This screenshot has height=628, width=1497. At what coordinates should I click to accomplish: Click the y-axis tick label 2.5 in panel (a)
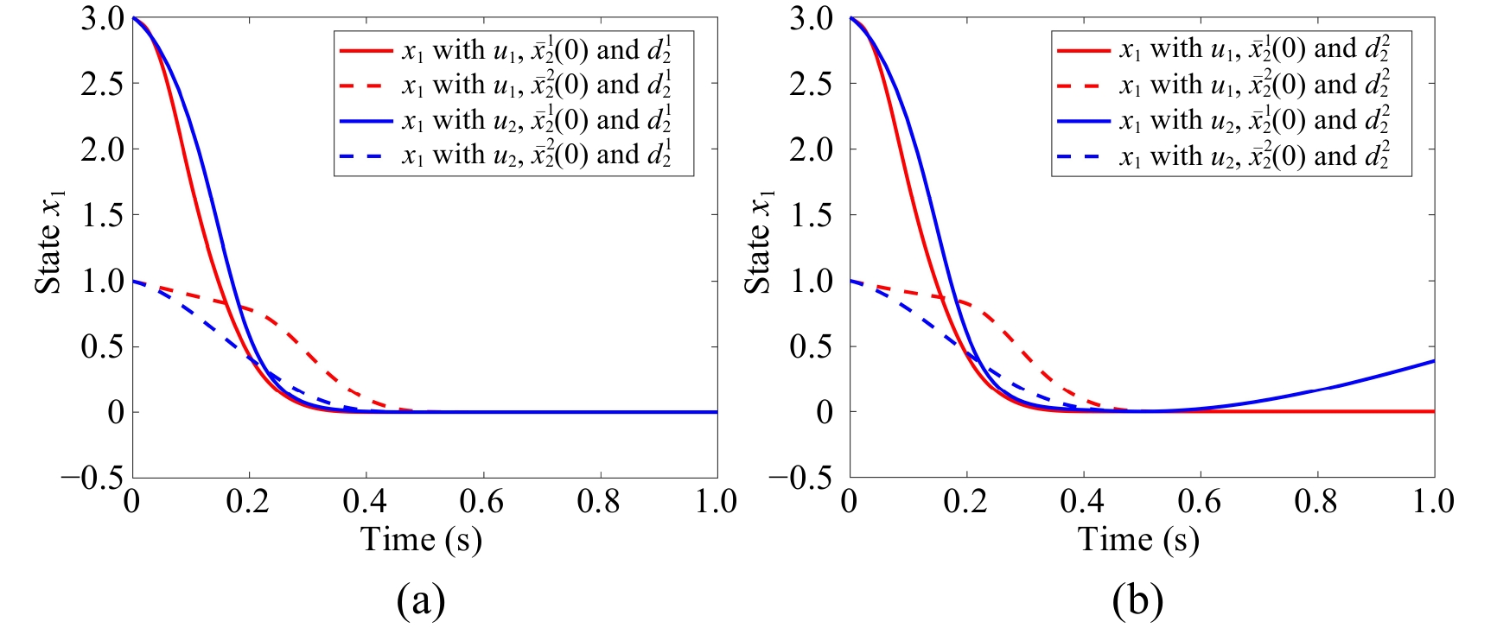pos(103,84)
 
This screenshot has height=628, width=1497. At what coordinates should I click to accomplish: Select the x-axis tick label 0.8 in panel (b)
pos(1316,501)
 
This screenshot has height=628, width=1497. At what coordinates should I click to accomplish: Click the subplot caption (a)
pos(421,599)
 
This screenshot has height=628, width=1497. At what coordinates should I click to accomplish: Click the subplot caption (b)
pos(1138,599)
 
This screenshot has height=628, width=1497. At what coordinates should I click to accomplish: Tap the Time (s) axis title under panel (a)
pos(421,540)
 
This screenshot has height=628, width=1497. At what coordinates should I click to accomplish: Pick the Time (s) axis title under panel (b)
pos(1138,540)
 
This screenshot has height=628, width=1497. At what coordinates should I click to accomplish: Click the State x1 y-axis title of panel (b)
pos(758,243)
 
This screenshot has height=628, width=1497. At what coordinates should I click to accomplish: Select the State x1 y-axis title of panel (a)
pos(49,243)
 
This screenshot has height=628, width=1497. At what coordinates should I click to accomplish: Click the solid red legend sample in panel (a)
pos(366,51)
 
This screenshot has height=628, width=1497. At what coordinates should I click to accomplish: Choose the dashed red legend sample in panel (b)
pos(1083,86)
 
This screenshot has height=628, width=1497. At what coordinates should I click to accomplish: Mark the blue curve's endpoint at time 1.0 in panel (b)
pos(1434,361)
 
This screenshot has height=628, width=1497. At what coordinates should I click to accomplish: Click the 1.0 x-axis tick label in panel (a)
pos(716,501)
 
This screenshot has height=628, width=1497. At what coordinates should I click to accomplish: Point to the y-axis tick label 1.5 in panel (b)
pos(812,215)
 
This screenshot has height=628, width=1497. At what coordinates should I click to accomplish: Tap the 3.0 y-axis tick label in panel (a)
pos(103,18)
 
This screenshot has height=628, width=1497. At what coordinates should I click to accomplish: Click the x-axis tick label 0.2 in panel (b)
pos(965,501)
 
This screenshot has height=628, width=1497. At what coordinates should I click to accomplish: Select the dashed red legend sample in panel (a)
pos(366,86)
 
